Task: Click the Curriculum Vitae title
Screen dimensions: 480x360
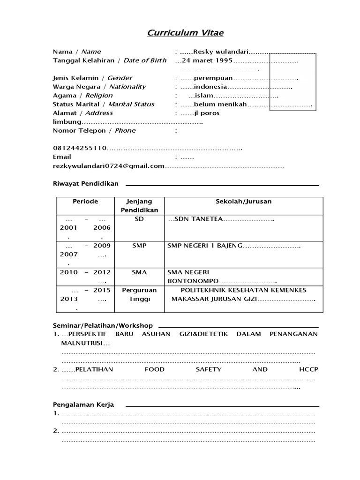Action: click(180, 33)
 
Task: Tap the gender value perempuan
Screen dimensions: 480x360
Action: click(213, 78)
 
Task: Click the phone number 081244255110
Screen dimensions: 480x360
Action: click(80, 148)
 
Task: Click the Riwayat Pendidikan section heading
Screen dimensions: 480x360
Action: click(85, 183)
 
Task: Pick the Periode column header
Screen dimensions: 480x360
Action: click(85, 202)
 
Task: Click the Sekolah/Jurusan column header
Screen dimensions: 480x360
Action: click(243, 202)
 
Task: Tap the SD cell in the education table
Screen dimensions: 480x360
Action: click(139, 219)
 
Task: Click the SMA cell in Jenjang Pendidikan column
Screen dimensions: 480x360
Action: click(139, 272)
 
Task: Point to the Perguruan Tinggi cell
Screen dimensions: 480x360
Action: click(139, 295)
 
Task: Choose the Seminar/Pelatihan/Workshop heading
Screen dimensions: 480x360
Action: click(103, 325)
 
